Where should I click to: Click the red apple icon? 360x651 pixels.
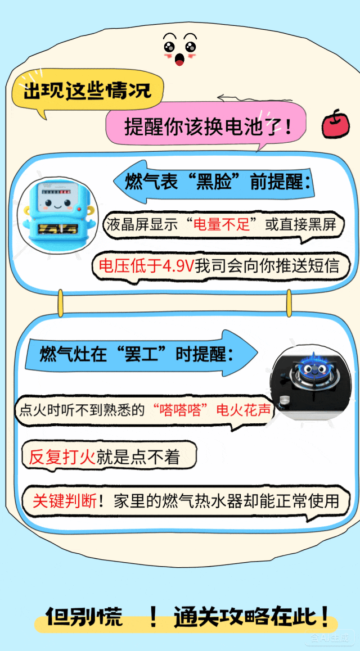coord(336,123)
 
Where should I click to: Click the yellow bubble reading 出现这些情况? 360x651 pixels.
coord(87,91)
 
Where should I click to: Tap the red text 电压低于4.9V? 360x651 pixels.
coord(146,265)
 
